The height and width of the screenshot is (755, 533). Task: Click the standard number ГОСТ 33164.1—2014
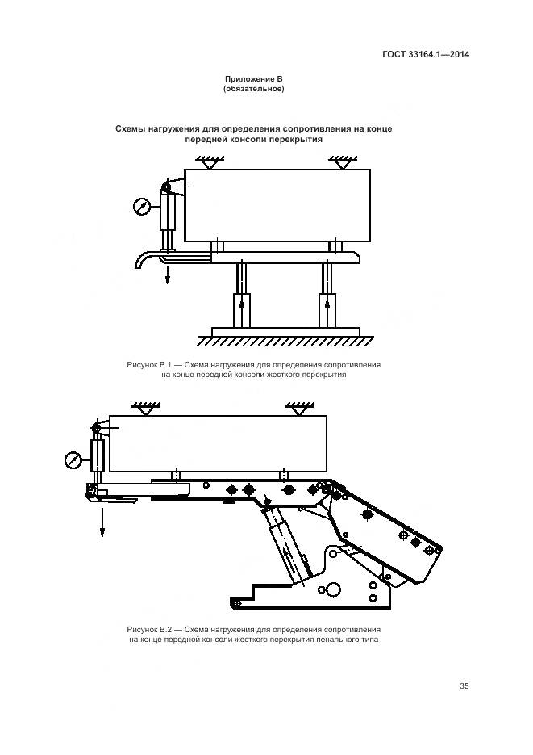point(426,55)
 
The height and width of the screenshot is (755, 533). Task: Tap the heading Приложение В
point(252,79)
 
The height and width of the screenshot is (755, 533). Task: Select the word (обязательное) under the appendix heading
point(252,89)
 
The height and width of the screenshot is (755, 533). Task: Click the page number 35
point(464,686)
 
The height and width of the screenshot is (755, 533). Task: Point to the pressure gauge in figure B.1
point(142,206)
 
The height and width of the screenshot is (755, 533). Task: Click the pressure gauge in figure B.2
point(73,459)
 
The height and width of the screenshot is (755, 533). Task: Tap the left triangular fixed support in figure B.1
point(210,163)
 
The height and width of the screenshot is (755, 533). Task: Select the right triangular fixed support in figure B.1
point(339,163)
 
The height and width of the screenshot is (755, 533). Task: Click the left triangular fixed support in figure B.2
point(146,409)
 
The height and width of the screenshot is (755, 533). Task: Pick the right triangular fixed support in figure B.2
point(295,409)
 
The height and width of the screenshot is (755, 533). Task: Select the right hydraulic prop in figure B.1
point(327,296)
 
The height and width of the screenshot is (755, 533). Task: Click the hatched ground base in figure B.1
point(286,333)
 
